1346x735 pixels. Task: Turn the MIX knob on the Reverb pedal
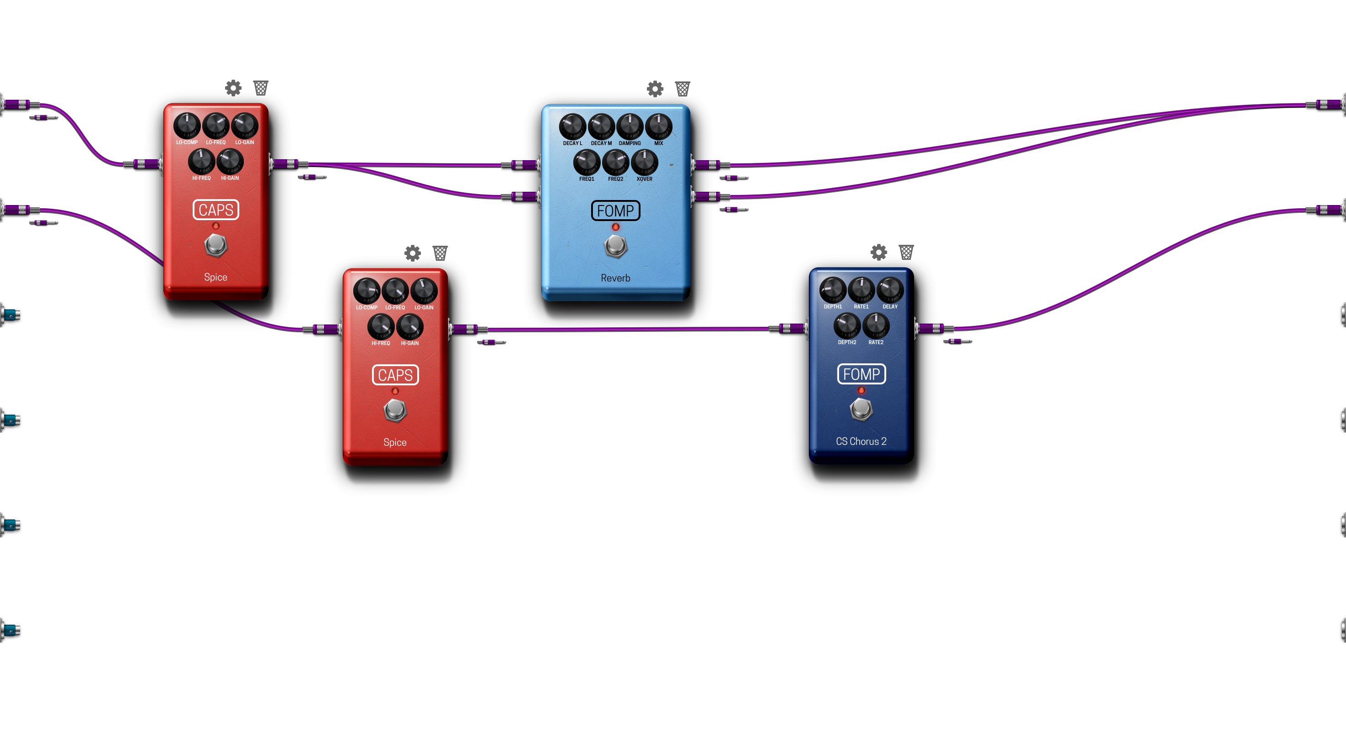(658, 126)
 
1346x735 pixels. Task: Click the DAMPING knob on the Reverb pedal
(630, 126)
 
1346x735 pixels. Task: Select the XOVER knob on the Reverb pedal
(644, 162)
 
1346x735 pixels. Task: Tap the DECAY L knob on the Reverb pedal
(572, 126)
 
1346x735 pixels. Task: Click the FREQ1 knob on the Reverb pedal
(586, 162)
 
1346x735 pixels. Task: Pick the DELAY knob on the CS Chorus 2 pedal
(890, 290)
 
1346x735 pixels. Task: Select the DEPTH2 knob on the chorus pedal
(847, 325)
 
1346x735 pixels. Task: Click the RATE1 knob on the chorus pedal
(861, 290)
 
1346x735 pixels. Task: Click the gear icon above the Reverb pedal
(655, 89)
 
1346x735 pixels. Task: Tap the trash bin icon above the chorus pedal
(906, 253)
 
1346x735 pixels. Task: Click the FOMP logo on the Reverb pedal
(615, 211)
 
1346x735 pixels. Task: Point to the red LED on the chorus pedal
(861, 390)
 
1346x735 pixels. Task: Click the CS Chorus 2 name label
(861, 441)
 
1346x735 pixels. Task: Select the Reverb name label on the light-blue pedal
(615, 278)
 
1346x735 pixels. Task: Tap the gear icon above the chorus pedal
(878, 253)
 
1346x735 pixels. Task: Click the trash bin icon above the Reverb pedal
(683, 89)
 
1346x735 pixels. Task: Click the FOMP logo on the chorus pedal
(861, 374)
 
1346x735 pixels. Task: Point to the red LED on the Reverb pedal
(615, 227)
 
